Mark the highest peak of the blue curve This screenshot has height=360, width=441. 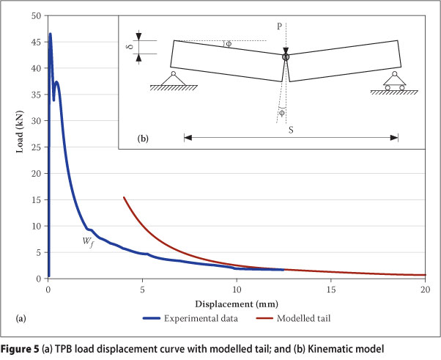pos(50,34)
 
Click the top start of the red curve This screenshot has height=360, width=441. pos(124,197)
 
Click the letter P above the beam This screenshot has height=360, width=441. pos(279,25)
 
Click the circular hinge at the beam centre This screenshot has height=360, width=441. pos(286,56)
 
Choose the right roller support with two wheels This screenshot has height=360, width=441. pos(395,81)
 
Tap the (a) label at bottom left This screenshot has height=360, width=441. pos(21,318)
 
